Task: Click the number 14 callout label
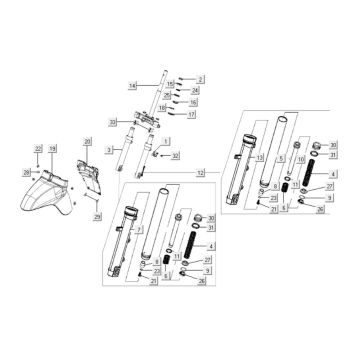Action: pyautogui.click(x=133, y=87)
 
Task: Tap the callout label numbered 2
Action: pyautogui.click(x=199, y=78)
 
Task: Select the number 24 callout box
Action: pyautogui.click(x=195, y=90)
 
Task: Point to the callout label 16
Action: pyautogui.click(x=194, y=102)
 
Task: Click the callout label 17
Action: pyautogui.click(x=191, y=115)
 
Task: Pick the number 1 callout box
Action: pyautogui.click(x=167, y=141)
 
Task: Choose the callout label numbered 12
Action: pyautogui.click(x=200, y=174)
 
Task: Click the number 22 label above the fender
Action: pyautogui.click(x=39, y=149)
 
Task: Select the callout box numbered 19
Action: pyautogui.click(x=52, y=149)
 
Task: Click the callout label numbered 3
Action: pyautogui.click(x=108, y=149)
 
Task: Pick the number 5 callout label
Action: pyautogui.click(x=282, y=157)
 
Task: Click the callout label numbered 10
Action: pyautogui.click(x=301, y=158)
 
